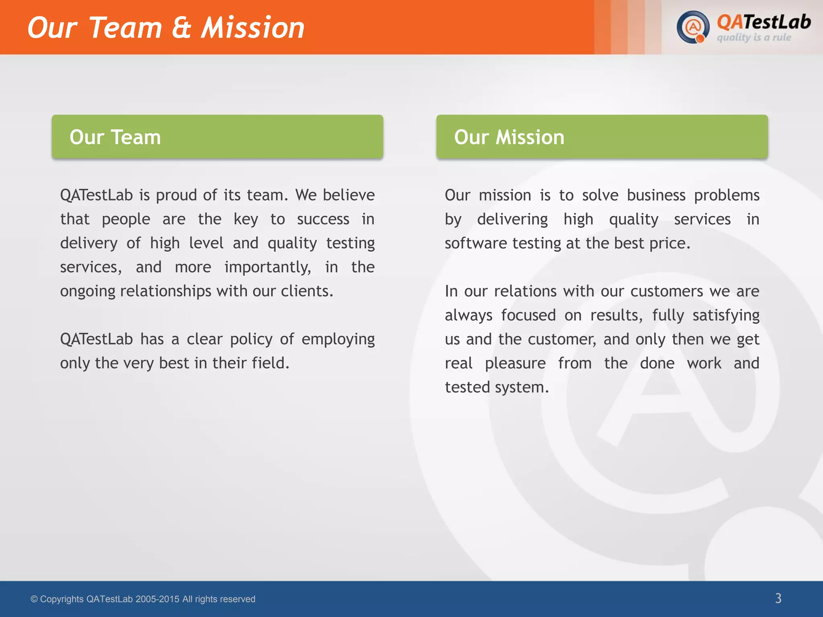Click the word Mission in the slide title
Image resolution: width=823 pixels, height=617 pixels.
tap(252, 28)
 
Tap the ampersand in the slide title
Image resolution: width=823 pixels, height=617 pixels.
tap(181, 28)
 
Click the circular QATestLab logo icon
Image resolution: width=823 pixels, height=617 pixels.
tap(692, 27)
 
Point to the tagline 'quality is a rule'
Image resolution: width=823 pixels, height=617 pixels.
tap(754, 38)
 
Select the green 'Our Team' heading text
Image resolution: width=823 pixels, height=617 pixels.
tap(115, 137)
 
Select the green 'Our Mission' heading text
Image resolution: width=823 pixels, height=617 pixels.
tap(509, 137)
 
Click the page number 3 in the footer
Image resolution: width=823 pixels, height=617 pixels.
tap(778, 598)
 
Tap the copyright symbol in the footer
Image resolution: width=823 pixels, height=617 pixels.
tap(34, 599)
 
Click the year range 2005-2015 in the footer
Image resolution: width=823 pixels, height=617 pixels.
tap(157, 599)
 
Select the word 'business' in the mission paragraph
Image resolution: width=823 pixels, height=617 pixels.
tap(656, 195)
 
